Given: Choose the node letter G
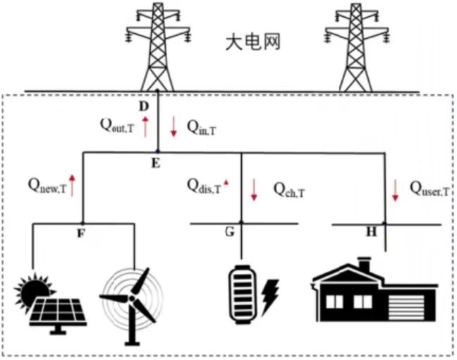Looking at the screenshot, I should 230,231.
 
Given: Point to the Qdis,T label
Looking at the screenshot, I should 204,186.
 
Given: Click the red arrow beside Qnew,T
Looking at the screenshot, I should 72,186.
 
